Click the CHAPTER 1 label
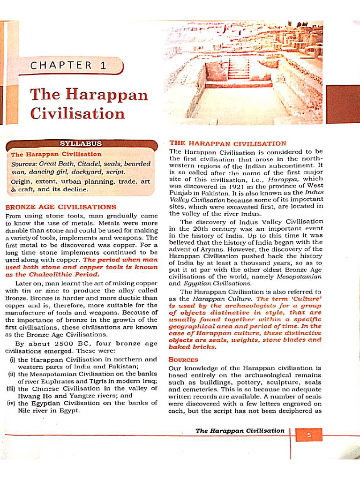tap(68, 66)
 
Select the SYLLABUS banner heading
tap(81, 143)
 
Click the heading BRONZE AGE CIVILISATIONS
tap(60, 207)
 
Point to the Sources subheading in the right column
tap(183, 360)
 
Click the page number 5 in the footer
tap(309, 435)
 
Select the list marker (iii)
tap(11, 389)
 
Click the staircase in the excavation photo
tap(238, 69)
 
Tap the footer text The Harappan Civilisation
tap(240, 431)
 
